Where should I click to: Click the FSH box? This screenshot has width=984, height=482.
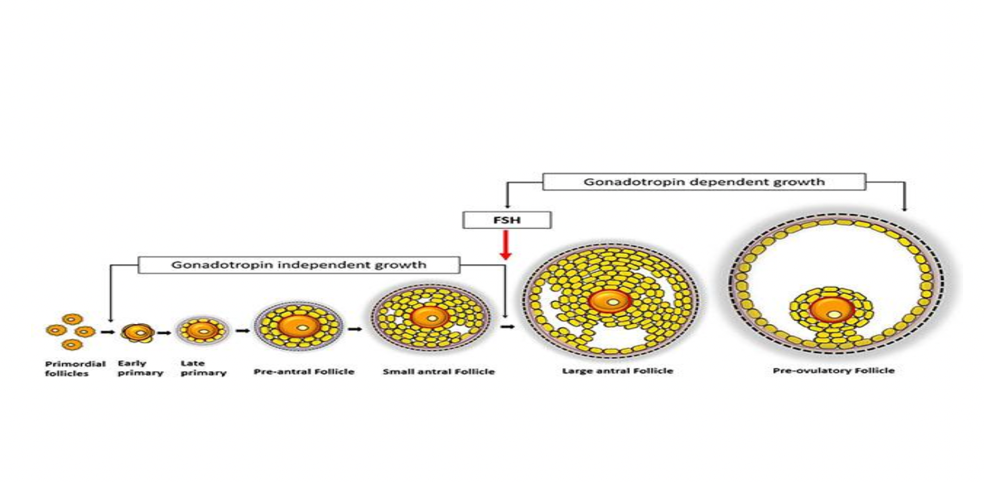507,220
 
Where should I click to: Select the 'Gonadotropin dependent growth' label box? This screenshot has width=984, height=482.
704,182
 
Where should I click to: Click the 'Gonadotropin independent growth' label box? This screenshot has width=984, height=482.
299,264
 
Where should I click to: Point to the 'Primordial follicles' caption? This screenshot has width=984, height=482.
75,369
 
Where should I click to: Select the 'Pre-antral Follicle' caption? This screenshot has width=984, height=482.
304,371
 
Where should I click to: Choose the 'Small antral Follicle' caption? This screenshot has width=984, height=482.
439,371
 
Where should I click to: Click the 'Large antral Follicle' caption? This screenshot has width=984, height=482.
617,371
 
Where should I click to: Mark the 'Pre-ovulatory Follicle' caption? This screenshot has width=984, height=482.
833,370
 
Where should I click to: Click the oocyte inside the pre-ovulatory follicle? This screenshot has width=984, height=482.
833,311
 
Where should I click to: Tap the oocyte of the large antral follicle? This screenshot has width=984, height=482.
610,301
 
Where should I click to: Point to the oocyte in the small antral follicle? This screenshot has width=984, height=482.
430,317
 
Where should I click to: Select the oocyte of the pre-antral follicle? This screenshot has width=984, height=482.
299,326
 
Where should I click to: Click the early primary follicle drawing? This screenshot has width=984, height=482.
137,331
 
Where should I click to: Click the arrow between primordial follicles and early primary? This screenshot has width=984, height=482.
107,332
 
